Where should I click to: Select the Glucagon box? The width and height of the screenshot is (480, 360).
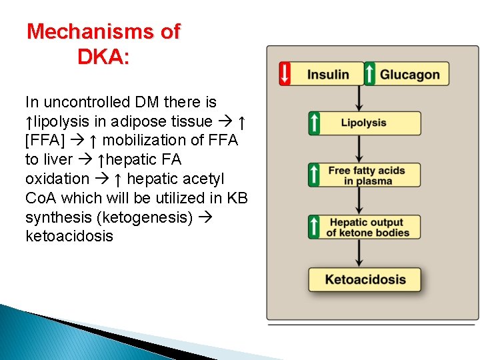click(x=409, y=74)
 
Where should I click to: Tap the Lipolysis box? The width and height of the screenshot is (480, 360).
click(x=364, y=123)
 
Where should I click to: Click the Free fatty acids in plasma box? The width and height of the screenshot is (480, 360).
click(x=365, y=175)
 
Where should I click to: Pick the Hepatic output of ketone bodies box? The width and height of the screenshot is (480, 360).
click(x=365, y=227)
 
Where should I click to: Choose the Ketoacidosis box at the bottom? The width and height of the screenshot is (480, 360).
click(x=365, y=279)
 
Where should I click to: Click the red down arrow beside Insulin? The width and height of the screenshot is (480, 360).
click(x=285, y=74)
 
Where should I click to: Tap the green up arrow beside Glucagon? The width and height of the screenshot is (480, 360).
click(x=370, y=74)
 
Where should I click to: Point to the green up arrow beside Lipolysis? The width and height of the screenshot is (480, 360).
click(x=314, y=123)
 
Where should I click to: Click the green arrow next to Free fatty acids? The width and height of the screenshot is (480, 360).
click(x=314, y=175)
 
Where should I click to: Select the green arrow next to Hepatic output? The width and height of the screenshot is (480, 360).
click(x=314, y=227)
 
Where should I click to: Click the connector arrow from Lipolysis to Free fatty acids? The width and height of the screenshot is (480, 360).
click(x=360, y=149)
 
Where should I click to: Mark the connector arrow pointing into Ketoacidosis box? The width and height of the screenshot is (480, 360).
click(x=360, y=253)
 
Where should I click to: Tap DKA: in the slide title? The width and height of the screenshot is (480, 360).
click(x=103, y=57)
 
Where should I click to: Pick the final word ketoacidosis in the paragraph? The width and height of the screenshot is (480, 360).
click(x=69, y=237)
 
